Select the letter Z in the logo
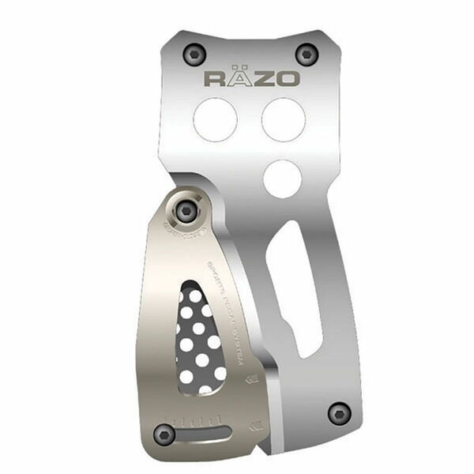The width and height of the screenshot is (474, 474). click(x=265, y=78)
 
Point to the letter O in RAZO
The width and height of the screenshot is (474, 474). click(x=288, y=78)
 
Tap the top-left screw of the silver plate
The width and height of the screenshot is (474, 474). click(x=191, y=53)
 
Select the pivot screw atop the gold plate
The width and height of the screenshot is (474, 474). click(x=186, y=209)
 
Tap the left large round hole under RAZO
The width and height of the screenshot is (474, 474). click(x=215, y=117)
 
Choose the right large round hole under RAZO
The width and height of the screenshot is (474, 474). click(x=284, y=117)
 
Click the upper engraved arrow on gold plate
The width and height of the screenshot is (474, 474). click(x=251, y=378)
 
